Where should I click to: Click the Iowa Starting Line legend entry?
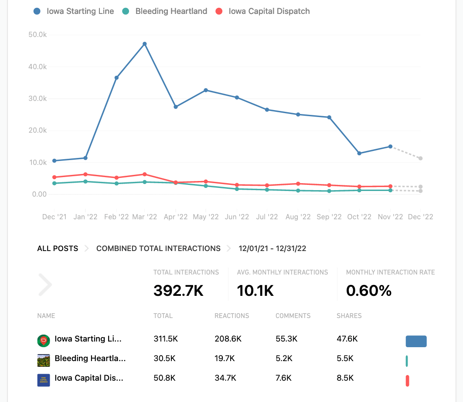click(74, 11)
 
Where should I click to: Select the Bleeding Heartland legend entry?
click(165, 11)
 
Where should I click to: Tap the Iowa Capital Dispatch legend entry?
click(263, 11)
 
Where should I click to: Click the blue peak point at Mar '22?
click(145, 44)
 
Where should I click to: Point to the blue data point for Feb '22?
click(116, 78)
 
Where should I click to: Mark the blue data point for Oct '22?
click(359, 153)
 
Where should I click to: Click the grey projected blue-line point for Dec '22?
click(420, 158)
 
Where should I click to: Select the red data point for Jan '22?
click(85, 174)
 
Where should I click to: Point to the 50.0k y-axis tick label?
click(37, 35)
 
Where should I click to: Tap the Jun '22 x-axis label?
click(237, 217)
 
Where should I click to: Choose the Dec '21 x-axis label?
click(54, 217)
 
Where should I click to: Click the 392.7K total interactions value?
click(178, 291)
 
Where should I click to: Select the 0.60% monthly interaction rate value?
click(369, 291)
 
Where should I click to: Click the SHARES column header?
click(349, 316)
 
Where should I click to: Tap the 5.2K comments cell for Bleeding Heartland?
click(284, 358)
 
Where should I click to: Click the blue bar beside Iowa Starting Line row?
click(416, 342)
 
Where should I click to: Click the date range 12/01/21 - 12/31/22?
click(272, 249)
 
